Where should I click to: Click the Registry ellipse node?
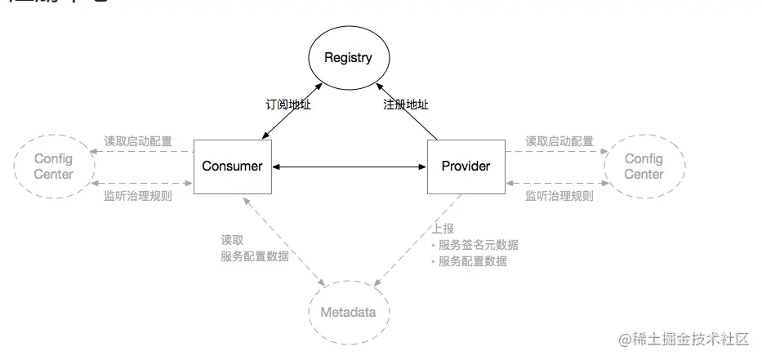(x=348, y=58)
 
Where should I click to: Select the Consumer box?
(x=233, y=166)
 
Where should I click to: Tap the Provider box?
(x=466, y=166)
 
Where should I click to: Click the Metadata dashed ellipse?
(x=349, y=312)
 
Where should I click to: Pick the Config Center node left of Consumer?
(x=54, y=167)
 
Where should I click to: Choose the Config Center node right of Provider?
(x=644, y=167)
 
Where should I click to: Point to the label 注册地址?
(x=406, y=104)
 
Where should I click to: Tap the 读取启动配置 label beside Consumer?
(x=138, y=141)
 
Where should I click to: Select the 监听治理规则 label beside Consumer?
(x=138, y=196)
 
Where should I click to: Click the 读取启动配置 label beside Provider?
(x=559, y=141)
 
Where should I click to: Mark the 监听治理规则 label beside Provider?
(x=559, y=196)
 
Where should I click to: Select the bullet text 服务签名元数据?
(x=478, y=245)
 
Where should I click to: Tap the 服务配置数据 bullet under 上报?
(x=472, y=261)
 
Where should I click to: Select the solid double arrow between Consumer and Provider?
(x=350, y=167)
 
